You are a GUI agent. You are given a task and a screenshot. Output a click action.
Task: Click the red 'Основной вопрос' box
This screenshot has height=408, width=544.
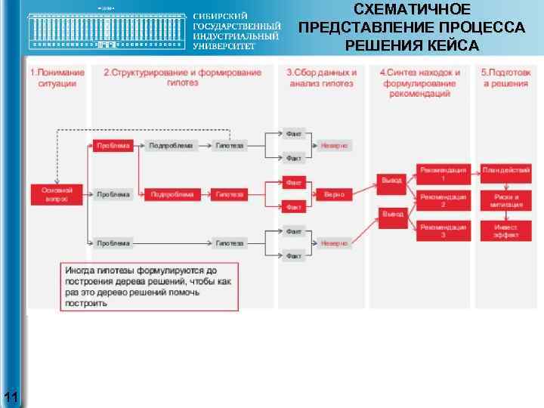pos(57,194)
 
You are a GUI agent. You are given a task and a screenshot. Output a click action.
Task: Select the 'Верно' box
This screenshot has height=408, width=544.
pos(334,194)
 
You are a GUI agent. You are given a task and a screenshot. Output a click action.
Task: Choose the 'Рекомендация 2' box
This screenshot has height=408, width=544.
pos(444,200)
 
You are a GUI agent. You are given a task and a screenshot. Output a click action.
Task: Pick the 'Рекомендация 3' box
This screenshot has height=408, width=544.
pos(444,230)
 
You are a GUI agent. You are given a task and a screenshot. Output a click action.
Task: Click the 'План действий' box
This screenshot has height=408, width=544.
pos(505,170)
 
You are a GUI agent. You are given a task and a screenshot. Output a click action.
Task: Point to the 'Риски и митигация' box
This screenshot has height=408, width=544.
pos(505,200)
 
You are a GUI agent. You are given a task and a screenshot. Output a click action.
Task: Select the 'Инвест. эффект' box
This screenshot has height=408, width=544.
pos(505,230)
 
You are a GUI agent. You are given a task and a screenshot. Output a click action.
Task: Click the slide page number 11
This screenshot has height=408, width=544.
pos(12,396)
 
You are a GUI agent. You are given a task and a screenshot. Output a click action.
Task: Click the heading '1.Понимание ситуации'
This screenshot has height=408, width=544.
pos(57,78)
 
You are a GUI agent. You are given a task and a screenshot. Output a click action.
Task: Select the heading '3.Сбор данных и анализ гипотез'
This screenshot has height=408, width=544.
pos(321,78)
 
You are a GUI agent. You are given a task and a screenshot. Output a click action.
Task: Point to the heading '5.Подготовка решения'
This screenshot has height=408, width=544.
pos(505,78)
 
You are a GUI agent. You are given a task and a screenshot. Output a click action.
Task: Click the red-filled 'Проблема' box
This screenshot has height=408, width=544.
pos(113,145)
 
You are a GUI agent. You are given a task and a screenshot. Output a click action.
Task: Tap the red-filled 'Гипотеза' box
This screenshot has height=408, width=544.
pos(230,194)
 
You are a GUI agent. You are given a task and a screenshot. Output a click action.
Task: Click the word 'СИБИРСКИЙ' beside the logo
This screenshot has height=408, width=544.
pos(221,17)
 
